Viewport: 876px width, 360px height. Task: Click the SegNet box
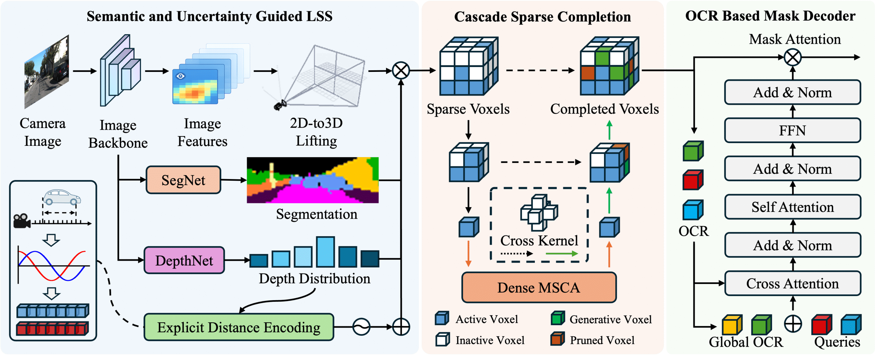click(x=183, y=180)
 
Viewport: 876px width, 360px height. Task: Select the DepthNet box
click(x=184, y=260)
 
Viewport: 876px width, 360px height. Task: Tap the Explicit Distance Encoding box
click(x=239, y=327)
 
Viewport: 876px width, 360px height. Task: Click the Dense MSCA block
click(x=539, y=287)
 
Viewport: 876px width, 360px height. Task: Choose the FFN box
click(x=792, y=130)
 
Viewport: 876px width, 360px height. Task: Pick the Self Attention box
click(x=792, y=207)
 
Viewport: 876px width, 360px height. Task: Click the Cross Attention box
click(x=792, y=283)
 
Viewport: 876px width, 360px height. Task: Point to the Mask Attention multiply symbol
click(x=793, y=57)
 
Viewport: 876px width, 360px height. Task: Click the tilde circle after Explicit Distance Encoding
click(x=361, y=327)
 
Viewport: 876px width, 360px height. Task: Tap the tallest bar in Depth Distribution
click(x=325, y=252)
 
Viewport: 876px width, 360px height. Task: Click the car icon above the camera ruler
click(x=62, y=197)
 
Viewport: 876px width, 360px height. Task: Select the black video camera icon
click(x=22, y=221)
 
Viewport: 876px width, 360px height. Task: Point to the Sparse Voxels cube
click(x=468, y=67)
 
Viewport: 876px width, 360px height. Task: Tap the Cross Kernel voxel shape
click(x=539, y=212)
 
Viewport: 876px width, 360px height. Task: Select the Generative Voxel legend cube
click(x=557, y=318)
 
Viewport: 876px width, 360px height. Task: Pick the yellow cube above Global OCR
click(x=732, y=325)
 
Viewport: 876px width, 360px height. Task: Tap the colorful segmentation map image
click(x=312, y=180)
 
